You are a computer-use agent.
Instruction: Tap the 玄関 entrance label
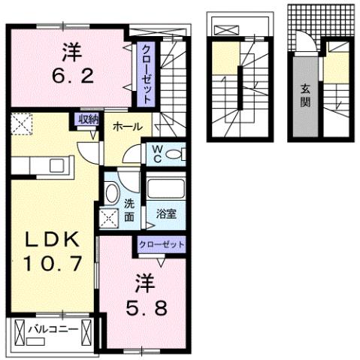[304, 93]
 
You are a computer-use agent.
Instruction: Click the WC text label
[159, 155]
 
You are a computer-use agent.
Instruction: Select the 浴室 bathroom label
[166, 213]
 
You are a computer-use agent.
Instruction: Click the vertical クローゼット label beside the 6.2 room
[147, 73]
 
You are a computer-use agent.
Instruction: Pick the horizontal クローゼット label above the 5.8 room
[161, 244]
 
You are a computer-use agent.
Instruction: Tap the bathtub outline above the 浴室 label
[166, 188]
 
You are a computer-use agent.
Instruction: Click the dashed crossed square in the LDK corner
[20, 123]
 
